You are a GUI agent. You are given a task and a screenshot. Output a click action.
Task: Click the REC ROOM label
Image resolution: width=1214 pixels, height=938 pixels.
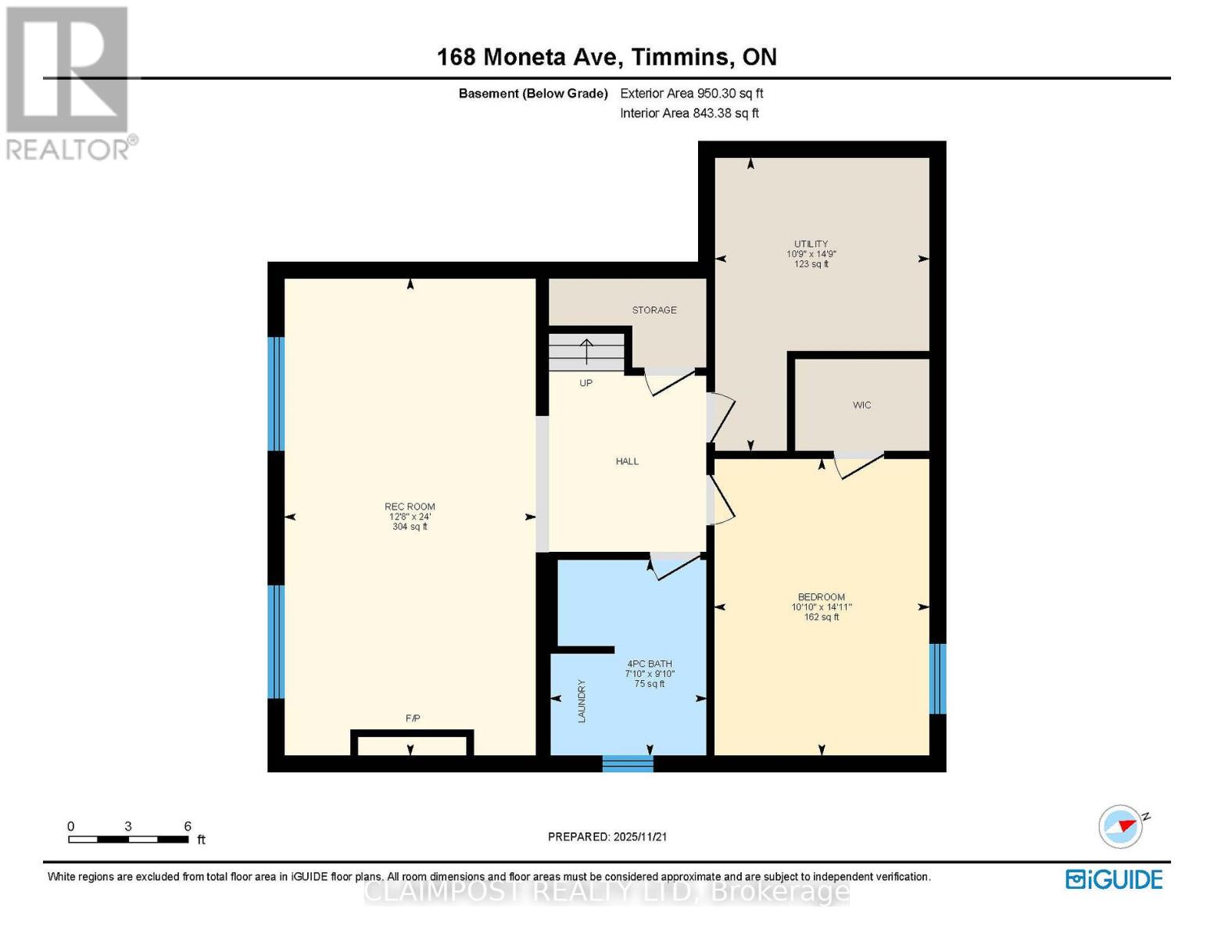410,507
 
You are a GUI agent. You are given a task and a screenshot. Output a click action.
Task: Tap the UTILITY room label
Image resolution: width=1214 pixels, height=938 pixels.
811,244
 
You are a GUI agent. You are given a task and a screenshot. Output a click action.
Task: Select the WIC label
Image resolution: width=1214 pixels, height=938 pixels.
862,405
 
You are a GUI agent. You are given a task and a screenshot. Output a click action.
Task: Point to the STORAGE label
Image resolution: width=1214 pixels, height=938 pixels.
654,310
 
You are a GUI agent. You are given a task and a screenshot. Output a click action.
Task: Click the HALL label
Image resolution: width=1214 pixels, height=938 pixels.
627,461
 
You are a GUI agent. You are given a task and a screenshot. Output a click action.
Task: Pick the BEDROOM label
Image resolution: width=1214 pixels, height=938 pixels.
822,597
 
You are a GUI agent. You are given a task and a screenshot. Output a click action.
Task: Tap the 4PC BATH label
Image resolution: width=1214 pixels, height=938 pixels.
649,664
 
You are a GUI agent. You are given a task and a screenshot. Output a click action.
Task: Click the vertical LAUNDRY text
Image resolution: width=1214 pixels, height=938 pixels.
582,701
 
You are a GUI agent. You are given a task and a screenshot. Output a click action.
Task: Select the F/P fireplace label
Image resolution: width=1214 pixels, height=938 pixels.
412,718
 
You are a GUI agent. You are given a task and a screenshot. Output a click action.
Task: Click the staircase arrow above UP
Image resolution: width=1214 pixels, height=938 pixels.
586,352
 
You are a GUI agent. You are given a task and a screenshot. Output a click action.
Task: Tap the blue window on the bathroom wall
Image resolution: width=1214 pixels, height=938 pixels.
628,764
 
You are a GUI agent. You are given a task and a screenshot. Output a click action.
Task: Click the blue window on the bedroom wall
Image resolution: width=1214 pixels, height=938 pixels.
937,679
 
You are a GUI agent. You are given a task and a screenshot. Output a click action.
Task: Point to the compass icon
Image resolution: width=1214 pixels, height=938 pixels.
1122,827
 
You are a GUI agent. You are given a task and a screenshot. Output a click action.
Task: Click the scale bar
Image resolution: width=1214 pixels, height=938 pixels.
128,839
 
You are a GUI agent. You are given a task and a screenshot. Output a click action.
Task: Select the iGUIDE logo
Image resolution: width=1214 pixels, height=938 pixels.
1114,879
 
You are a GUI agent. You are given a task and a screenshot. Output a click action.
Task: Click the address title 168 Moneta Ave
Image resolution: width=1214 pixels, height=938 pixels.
528,57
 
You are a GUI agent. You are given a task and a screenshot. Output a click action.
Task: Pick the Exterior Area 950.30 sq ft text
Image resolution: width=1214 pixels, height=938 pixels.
692,93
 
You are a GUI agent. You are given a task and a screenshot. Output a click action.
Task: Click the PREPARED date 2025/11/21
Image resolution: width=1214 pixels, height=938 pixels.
640,836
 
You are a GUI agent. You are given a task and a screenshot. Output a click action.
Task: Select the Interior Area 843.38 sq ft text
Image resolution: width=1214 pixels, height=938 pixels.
689,113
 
